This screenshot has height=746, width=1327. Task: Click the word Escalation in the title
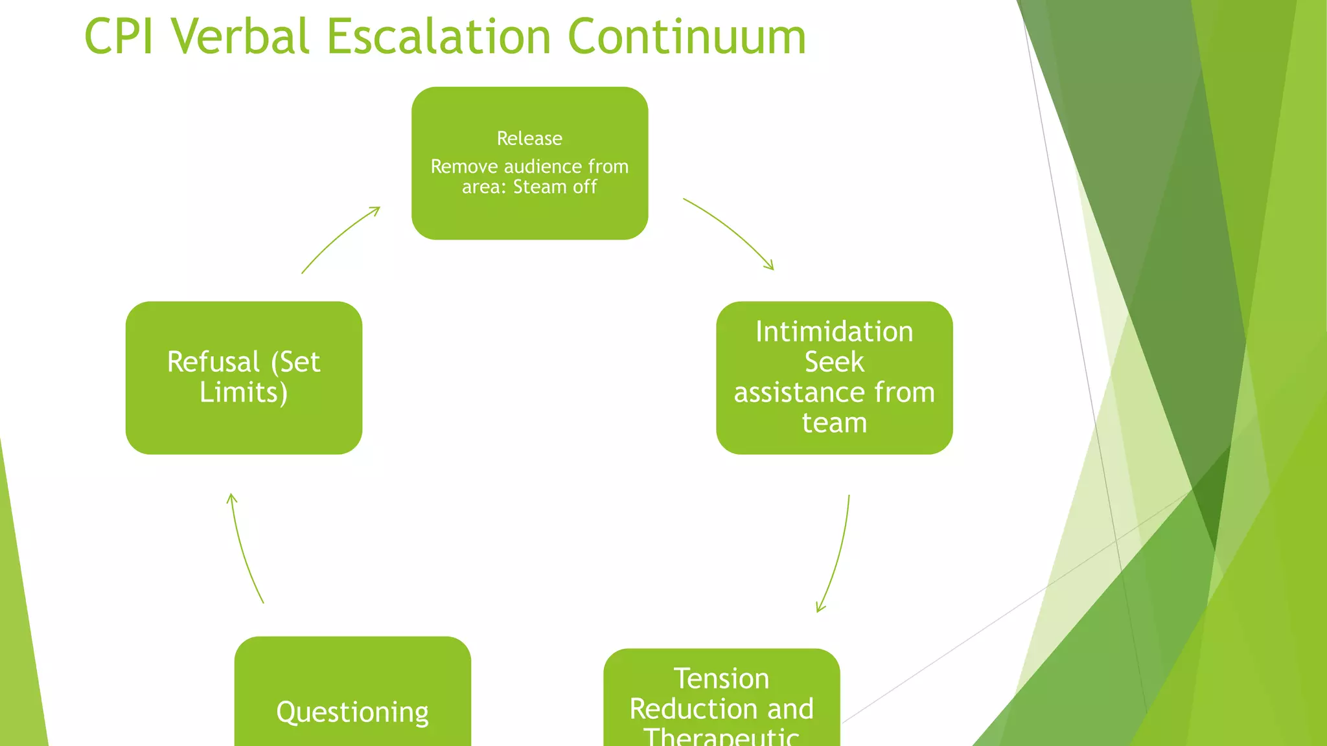coord(439,36)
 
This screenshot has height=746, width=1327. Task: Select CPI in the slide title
coord(119,36)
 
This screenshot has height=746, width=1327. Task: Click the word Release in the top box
coord(529,139)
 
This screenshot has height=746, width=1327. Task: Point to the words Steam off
coord(555,187)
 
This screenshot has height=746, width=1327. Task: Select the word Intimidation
coord(834,332)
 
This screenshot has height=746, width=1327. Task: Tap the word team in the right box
coord(834,423)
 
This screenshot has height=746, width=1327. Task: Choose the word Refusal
coord(213,362)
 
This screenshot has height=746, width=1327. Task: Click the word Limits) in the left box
coord(243,392)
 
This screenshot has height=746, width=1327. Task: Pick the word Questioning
coord(352,712)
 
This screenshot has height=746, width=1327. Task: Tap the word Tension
coord(721,679)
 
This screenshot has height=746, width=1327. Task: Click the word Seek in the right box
coord(834,362)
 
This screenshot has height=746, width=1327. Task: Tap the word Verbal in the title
coord(240,36)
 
